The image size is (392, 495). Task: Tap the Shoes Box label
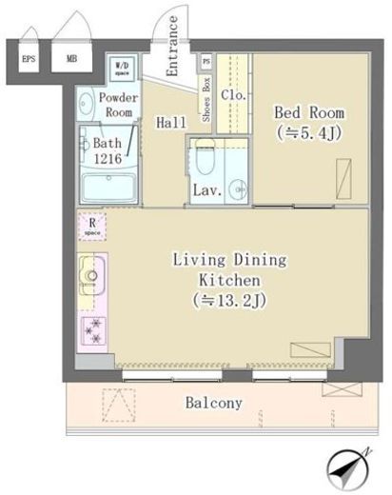(206, 96)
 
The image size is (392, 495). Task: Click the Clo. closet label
(234, 96)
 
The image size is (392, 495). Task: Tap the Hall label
(171, 122)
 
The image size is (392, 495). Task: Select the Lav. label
(208, 189)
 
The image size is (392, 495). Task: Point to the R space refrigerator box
(91, 227)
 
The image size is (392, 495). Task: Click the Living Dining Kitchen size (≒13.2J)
(229, 301)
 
